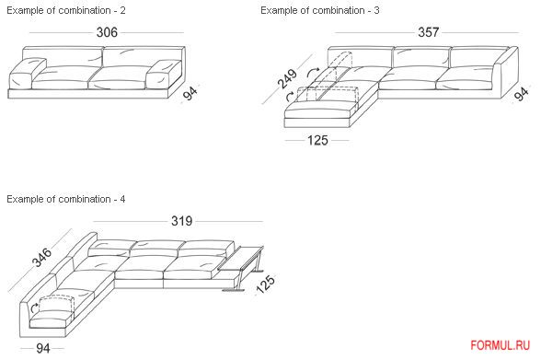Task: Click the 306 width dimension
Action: tap(107, 32)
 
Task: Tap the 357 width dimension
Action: tap(428, 32)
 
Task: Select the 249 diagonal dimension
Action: tap(287, 78)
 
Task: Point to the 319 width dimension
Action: tap(182, 221)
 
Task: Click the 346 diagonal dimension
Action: tap(41, 257)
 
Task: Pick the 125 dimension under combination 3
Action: tap(317, 141)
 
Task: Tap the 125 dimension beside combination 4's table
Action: tap(265, 285)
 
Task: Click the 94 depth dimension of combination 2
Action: tap(190, 93)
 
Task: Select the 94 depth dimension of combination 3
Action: tap(522, 94)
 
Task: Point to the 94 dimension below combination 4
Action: tap(42, 348)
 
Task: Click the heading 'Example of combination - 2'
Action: tap(66, 10)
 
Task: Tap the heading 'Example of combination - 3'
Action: tap(320, 10)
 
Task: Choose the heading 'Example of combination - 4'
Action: tap(66, 199)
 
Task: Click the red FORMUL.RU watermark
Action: tap(500, 345)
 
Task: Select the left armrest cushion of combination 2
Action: tap(27, 74)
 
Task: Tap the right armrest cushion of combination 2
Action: tap(164, 75)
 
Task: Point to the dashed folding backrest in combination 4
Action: tap(57, 305)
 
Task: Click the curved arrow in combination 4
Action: tap(34, 308)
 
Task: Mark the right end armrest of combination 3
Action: tap(505, 73)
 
